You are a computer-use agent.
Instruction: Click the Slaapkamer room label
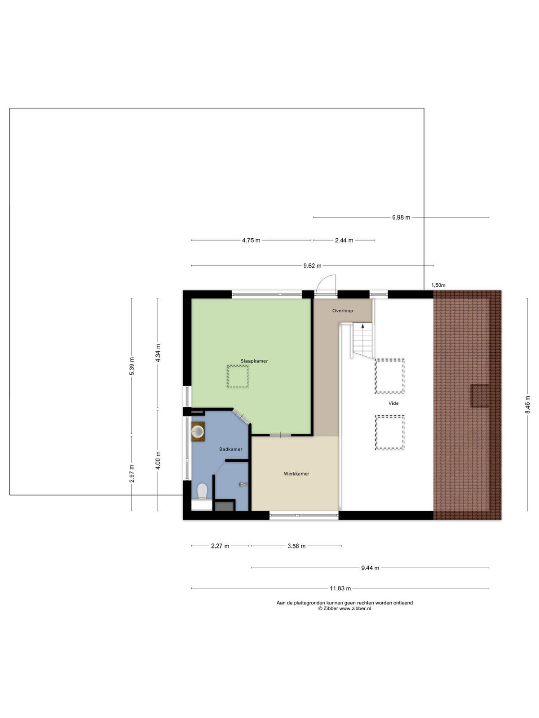pos(254,361)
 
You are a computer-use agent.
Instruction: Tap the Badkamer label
pos(231,449)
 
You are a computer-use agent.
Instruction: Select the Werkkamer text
pos(296,473)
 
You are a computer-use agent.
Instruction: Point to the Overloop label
pos(343,311)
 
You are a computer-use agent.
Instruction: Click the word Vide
pos(393,403)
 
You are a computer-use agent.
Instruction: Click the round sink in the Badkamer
pos(198,431)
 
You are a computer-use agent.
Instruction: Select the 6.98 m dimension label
pos(401,217)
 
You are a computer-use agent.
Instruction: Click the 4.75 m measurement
pos(251,241)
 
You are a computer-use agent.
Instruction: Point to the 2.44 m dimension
pos(344,241)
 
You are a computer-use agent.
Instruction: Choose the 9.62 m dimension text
pos(312,266)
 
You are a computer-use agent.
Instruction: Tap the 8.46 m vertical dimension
pos(527,405)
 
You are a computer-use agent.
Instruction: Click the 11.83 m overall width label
pos(340,588)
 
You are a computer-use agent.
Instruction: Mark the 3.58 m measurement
pos(296,546)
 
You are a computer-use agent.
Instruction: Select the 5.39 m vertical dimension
pos(132,366)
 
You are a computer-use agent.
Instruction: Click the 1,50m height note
pos(438,285)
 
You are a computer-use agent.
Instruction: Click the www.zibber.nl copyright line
pos(344,609)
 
